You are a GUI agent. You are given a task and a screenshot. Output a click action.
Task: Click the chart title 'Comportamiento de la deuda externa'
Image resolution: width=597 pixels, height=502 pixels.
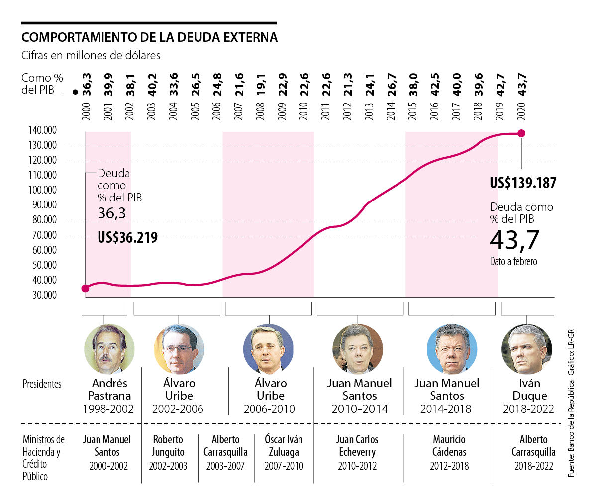[149, 38]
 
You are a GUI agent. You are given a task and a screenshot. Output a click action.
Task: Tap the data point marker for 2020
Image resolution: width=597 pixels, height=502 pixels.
[521, 133]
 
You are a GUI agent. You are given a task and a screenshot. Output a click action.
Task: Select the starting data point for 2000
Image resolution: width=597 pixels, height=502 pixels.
[85, 288]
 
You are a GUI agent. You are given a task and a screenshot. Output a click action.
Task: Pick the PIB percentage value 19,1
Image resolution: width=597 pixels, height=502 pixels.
[260, 85]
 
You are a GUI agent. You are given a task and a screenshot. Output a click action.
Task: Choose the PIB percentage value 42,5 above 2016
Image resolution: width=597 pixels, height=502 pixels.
[434, 85]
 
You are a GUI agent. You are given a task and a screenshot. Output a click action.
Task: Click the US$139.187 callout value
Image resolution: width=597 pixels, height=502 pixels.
[523, 183]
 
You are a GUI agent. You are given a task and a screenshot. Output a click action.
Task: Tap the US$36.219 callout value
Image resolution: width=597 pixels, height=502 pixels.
[127, 237]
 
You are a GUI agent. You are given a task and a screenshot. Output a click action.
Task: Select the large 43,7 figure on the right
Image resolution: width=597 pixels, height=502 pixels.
[514, 240]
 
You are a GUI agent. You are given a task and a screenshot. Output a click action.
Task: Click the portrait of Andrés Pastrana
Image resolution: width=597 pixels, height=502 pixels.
[109, 349]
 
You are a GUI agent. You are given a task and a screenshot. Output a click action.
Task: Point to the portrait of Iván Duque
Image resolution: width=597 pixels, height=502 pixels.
[526, 349]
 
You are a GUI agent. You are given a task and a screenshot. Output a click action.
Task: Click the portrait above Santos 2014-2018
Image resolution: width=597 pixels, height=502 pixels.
[452, 349]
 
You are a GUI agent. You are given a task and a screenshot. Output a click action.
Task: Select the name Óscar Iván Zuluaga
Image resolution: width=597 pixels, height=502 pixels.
[284, 446]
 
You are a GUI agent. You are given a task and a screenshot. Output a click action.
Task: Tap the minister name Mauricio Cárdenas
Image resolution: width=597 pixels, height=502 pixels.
[449, 446]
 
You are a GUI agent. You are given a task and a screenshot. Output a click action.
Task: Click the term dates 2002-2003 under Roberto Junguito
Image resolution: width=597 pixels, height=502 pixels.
[168, 466]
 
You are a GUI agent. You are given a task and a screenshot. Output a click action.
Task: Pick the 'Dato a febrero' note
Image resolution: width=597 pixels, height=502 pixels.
[513, 262]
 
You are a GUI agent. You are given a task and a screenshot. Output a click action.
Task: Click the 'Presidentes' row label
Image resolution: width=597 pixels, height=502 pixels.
[42, 384]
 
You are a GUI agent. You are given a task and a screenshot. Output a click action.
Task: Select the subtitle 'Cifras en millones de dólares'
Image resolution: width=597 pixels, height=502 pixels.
[91, 55]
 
